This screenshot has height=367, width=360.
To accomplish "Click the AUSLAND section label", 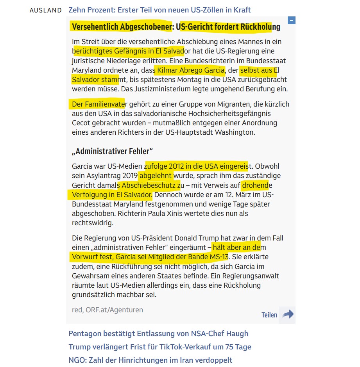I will pos(45,10).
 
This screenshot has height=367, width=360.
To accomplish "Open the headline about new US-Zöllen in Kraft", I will pos(159,10).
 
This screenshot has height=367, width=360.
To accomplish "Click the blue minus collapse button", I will pos(291,20).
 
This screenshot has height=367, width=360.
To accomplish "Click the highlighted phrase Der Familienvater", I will pos(98,104).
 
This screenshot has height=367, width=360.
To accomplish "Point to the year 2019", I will pos(130,176).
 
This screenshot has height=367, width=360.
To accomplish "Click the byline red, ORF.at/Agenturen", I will pos(107,310).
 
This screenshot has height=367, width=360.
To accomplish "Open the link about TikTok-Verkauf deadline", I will pos(159,347).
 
